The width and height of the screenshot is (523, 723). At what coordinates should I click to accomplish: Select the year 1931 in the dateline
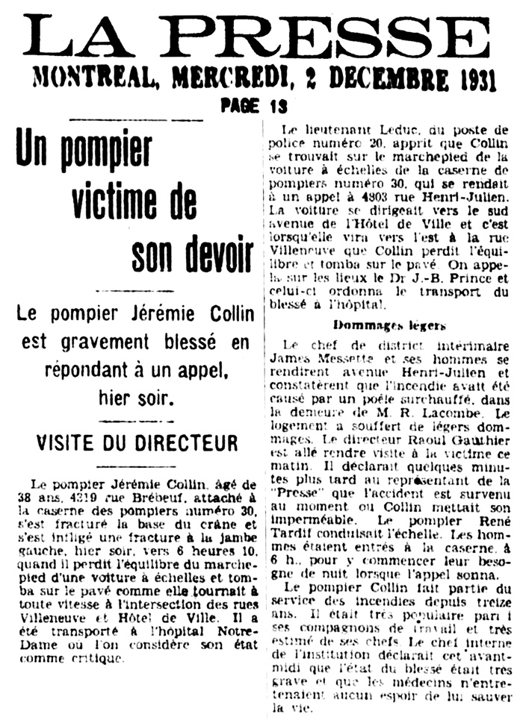pos(472,78)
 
